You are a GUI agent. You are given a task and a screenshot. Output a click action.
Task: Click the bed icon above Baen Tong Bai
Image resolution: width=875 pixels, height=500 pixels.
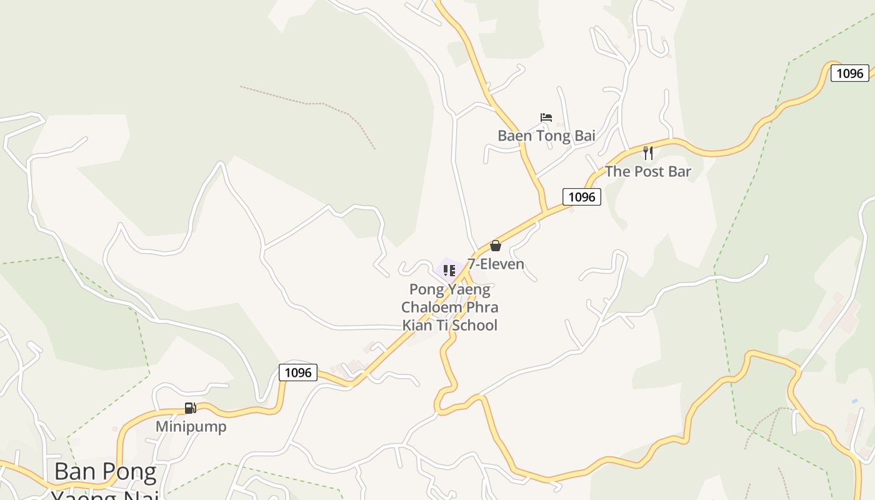546,117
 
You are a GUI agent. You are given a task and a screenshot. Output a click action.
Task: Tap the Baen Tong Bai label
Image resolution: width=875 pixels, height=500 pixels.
546,136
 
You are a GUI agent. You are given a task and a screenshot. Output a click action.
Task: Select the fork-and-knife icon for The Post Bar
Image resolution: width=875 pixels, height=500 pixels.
648,152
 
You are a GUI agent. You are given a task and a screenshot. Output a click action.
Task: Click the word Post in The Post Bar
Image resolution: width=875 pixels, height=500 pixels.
647,171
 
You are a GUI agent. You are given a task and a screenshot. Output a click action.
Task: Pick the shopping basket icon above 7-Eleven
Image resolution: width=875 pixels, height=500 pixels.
496,246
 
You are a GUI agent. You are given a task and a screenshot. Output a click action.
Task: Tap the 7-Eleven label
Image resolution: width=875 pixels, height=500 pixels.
496,264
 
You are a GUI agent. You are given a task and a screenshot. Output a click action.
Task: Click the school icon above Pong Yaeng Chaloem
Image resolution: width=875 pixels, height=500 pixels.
449,271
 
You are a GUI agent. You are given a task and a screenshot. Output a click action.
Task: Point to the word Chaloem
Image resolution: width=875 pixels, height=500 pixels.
428,307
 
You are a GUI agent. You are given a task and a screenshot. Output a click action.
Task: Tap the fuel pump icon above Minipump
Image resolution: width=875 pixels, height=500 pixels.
190,408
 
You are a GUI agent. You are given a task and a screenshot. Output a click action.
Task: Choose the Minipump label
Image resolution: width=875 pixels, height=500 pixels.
191,427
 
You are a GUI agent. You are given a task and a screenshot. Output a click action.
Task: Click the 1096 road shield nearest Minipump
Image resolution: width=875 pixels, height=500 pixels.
297,372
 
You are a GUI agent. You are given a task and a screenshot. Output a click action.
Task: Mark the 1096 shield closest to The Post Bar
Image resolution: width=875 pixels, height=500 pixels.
581,197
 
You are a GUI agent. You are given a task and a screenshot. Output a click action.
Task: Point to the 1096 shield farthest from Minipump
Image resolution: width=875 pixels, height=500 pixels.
849,73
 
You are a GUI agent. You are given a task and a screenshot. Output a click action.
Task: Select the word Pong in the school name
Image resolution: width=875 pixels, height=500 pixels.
426,290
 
